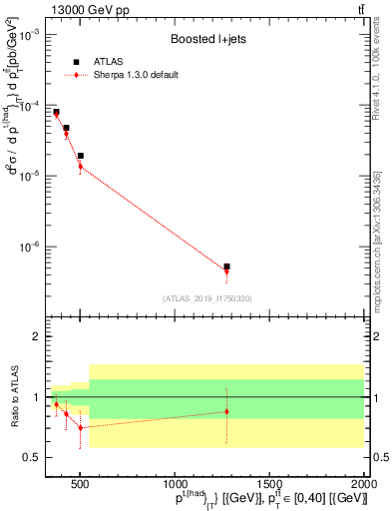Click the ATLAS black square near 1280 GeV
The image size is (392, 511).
226,266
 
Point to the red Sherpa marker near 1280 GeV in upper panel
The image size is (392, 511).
226,271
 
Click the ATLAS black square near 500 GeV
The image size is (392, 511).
81,156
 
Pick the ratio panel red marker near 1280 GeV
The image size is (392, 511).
226,411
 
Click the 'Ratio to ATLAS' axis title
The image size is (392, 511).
14,396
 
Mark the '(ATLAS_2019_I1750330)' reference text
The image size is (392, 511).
206,298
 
